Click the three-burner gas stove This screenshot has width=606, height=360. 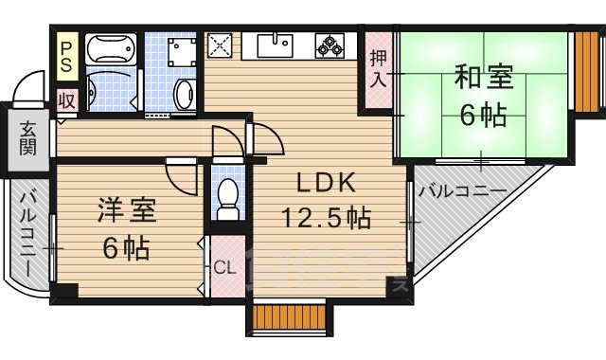(331, 45)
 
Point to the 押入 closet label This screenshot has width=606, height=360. (378, 69)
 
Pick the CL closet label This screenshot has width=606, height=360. (224, 268)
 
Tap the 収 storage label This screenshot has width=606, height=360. (66, 100)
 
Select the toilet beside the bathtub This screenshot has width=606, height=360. (184, 92)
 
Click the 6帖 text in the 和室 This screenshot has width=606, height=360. (483, 116)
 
